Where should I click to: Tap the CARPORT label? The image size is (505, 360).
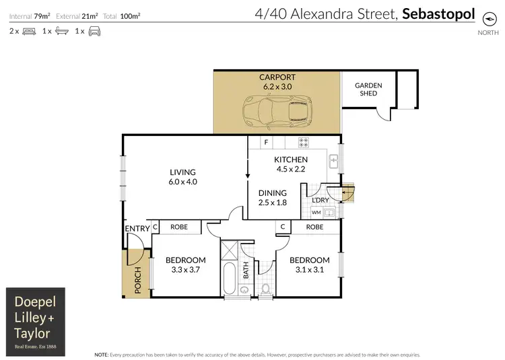(277, 77)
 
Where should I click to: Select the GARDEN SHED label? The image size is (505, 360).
(368, 89)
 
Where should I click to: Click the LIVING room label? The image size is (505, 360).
(182, 172)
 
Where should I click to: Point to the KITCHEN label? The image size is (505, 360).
(290, 159)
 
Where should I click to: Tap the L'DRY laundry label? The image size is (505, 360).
(321, 201)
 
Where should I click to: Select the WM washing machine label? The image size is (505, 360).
(316, 213)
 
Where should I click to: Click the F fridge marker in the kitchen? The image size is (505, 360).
(266, 143)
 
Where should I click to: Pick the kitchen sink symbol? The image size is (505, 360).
(332, 161)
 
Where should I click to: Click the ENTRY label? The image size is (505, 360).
(137, 229)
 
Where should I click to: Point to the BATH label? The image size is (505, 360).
(246, 271)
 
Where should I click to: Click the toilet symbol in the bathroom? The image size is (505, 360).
(266, 290)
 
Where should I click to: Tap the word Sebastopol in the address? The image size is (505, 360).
(438, 13)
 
